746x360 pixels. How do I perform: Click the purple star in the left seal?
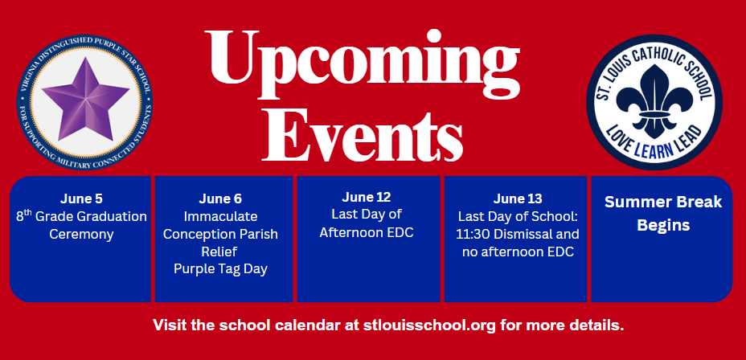point(85,99)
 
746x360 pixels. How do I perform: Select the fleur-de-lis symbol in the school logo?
point(654,100)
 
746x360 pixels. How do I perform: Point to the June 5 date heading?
point(81,198)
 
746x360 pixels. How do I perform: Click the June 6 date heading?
point(220,198)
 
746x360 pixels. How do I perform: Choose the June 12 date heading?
point(367,197)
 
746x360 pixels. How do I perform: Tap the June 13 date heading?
point(518,198)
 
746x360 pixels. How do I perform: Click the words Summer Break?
point(663,202)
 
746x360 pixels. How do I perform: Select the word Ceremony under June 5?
point(81,235)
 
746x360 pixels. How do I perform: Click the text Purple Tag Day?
point(221,268)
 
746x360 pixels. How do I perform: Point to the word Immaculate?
point(221,216)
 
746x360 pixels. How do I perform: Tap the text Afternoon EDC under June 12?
point(367,232)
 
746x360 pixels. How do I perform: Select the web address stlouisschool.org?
point(431,325)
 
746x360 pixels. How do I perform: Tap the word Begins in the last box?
point(663,225)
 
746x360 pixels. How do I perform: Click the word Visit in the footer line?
point(170,325)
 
